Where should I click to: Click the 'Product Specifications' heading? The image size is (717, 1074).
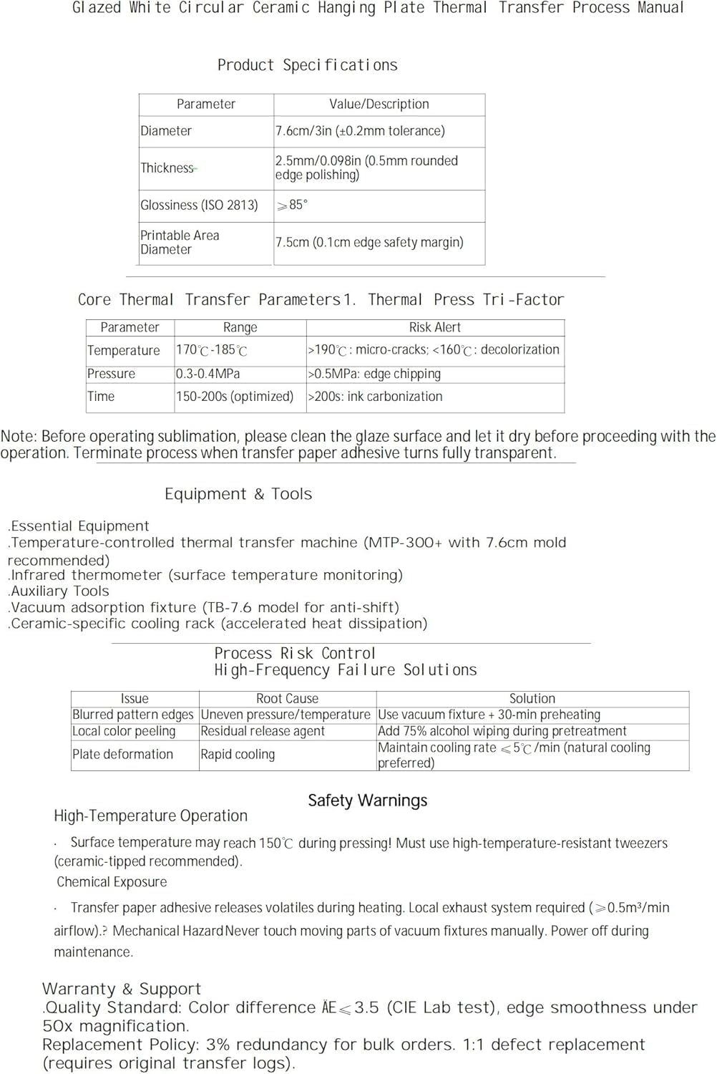(307, 65)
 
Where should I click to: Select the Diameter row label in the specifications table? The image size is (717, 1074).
(166, 131)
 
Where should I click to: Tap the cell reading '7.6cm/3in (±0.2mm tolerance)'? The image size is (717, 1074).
(360, 131)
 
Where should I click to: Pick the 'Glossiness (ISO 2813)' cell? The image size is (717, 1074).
(199, 205)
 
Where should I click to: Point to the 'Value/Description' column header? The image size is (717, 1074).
(379, 105)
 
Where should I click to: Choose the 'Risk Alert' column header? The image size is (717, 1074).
(434, 327)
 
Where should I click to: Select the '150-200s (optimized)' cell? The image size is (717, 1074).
(235, 397)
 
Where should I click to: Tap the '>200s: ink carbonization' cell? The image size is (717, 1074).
(375, 397)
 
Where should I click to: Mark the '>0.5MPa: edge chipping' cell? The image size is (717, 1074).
(374, 374)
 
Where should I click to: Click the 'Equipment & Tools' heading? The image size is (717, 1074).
(238, 494)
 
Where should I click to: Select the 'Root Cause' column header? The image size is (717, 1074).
(287, 699)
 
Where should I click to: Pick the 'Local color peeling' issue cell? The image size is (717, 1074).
(124, 731)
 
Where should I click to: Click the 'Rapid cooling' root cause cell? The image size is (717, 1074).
(238, 755)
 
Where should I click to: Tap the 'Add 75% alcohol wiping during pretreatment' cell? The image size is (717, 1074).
(502, 731)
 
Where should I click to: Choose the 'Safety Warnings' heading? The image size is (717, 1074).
(367, 800)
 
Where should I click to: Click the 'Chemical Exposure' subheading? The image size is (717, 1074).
(112, 882)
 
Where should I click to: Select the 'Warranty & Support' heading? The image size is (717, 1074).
(122, 989)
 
